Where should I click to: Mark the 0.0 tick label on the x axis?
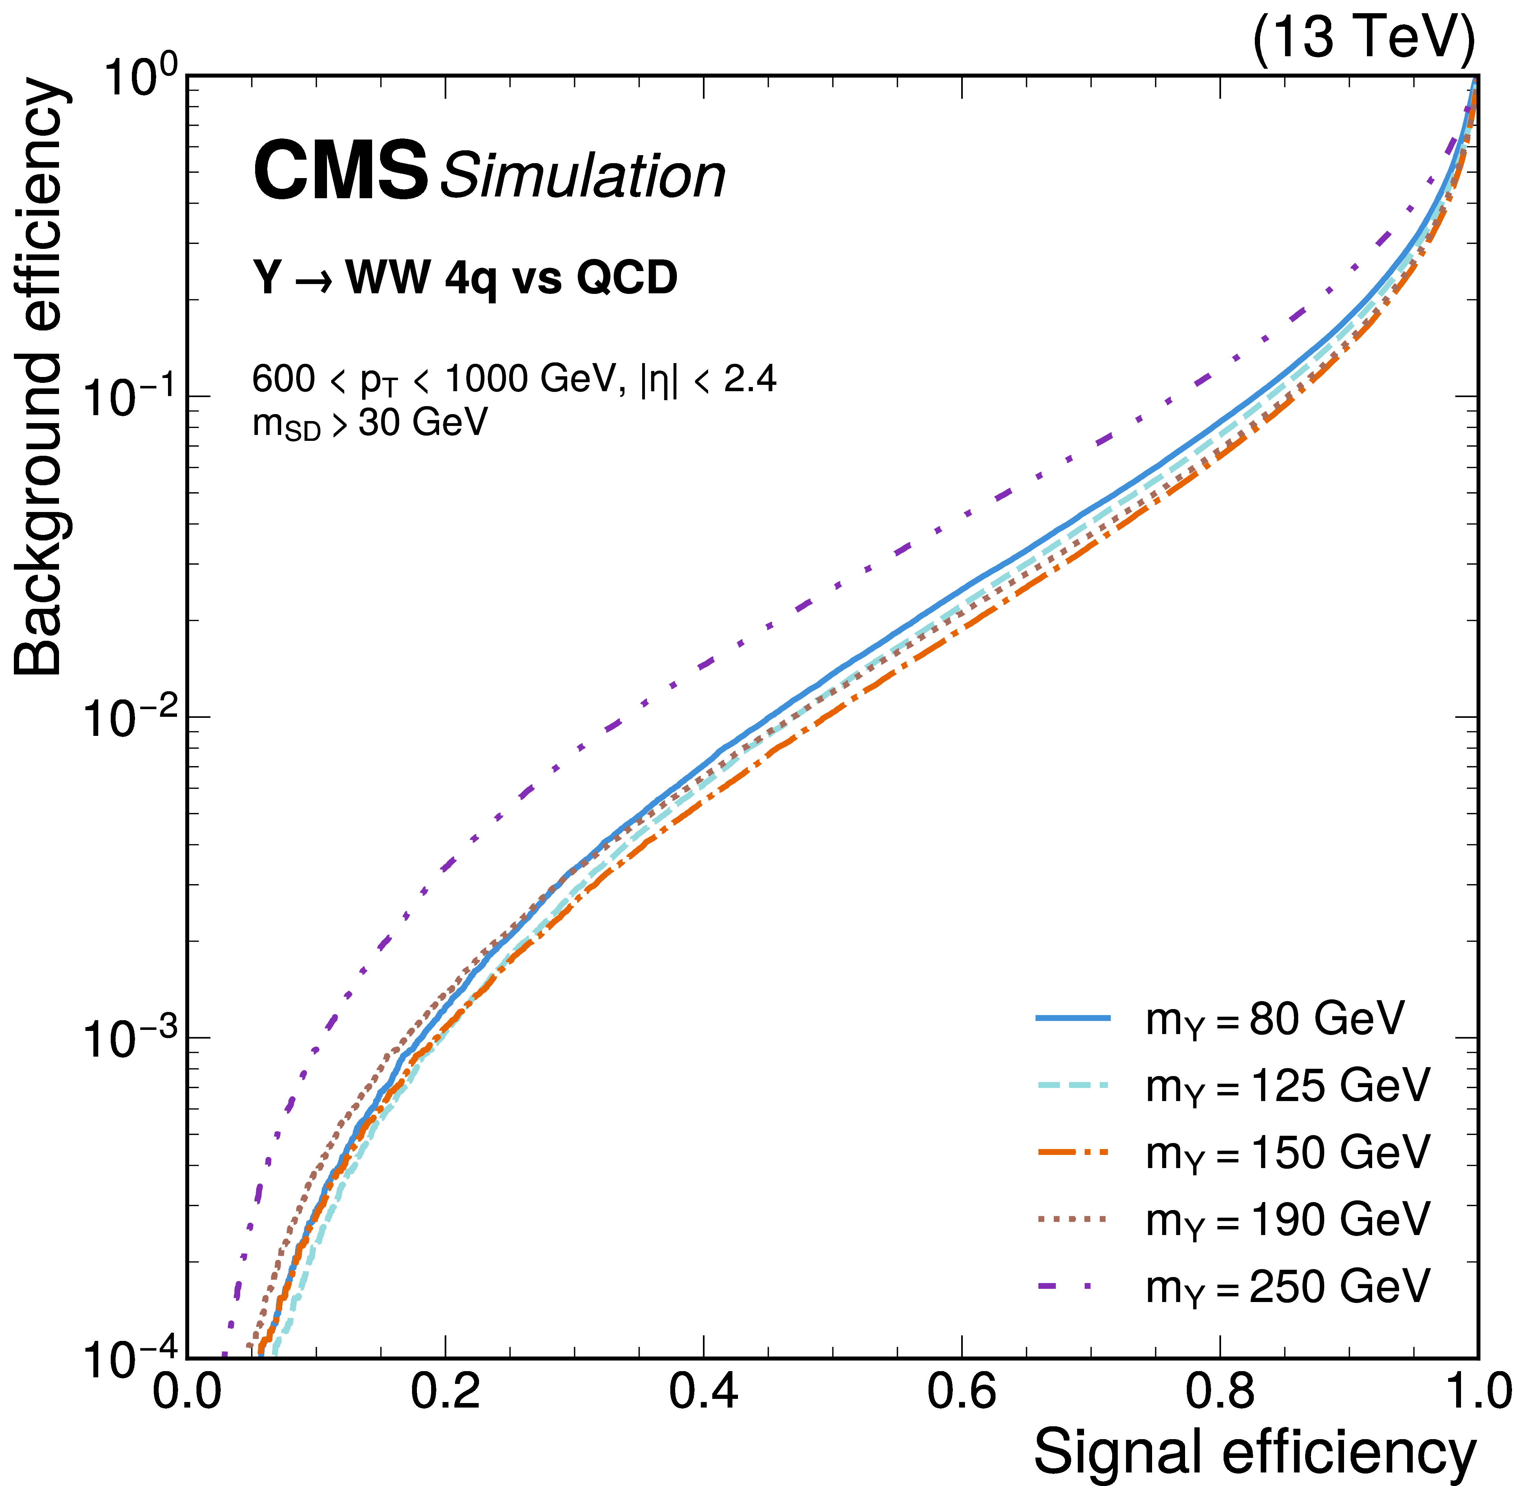pos(187,1392)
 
